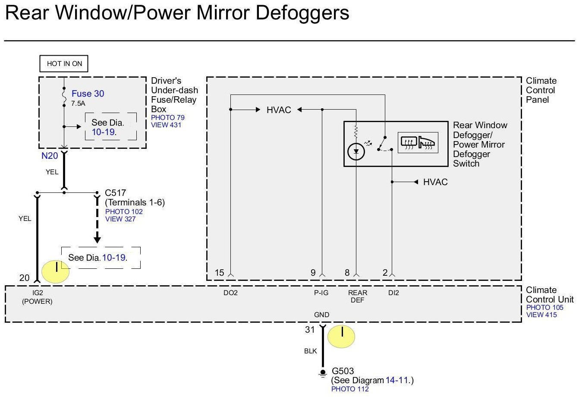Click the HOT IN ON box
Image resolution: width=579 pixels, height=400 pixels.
64,64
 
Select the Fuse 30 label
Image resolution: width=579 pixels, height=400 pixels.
88,94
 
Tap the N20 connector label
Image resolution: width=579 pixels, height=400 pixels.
50,156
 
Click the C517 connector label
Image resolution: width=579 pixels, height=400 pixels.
115,193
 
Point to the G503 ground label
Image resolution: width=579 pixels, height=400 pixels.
343,371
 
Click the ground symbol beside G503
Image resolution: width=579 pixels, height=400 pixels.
322,374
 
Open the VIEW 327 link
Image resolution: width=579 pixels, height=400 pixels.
120,219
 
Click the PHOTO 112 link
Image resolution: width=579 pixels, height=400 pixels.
350,389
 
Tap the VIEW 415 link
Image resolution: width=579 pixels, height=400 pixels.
541,315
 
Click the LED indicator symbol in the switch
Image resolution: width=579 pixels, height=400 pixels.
356,151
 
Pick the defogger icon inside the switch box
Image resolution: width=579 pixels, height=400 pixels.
417,143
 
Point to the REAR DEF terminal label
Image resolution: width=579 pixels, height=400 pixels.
357,296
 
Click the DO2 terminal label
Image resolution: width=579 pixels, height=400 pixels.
230,293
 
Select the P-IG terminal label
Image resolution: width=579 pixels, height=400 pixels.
321,293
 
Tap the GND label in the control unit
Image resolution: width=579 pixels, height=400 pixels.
321,315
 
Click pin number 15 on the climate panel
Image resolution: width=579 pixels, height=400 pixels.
219,273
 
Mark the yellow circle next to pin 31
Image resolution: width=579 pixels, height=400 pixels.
341,337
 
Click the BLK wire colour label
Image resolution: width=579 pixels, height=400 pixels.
310,351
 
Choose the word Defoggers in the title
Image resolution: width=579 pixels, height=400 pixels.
302,13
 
